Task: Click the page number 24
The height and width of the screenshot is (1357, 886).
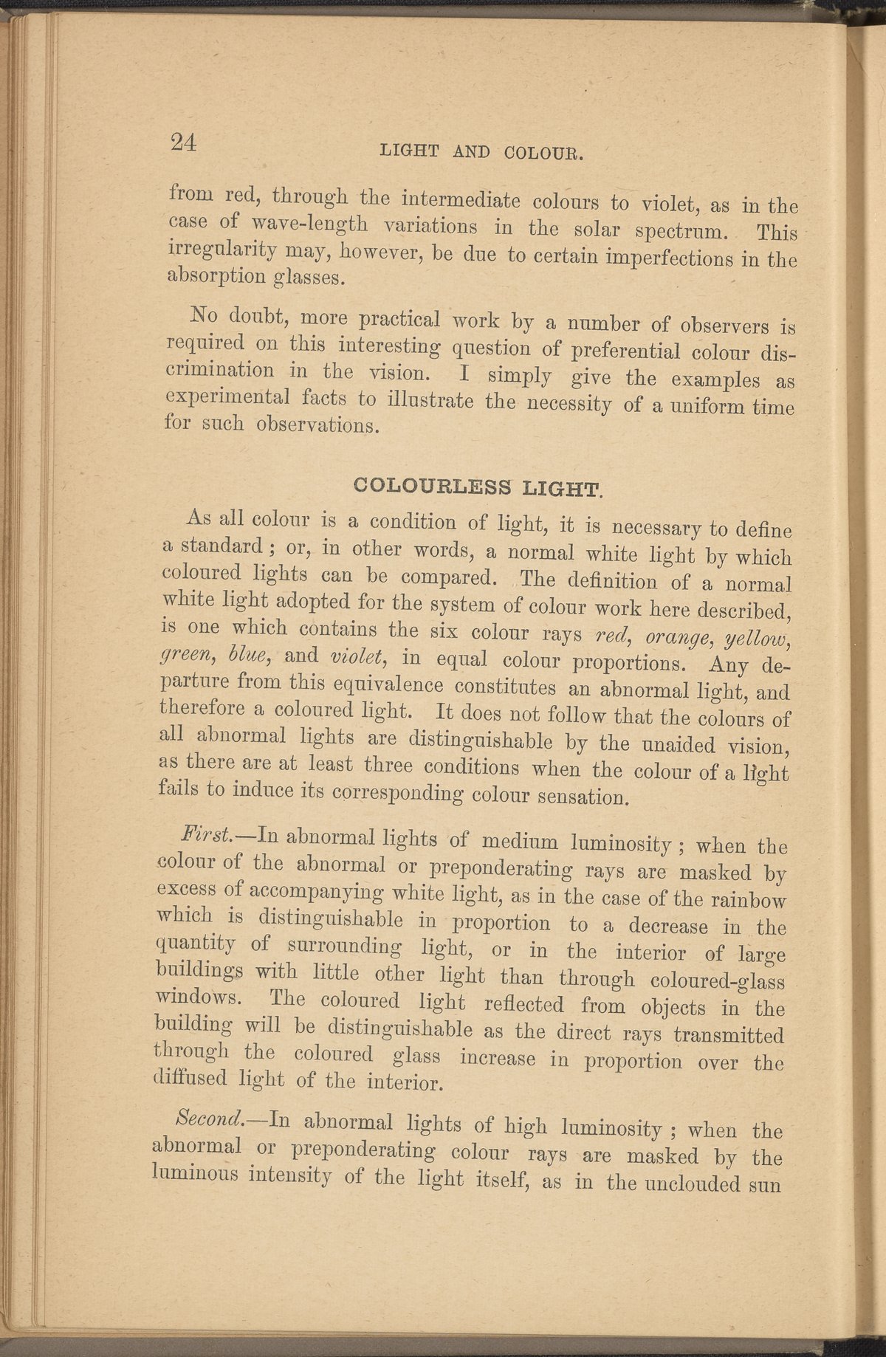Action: point(181,142)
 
